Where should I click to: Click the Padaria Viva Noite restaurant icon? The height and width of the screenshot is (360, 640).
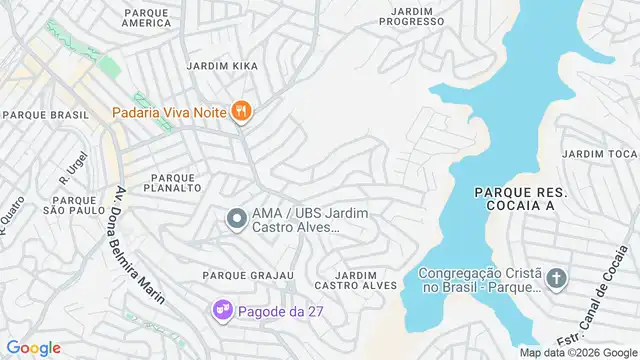[240, 112]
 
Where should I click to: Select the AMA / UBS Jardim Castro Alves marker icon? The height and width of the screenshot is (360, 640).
[237, 217]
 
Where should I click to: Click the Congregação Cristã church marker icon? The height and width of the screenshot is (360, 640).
[557, 279]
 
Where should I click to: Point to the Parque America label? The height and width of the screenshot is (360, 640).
[151, 17]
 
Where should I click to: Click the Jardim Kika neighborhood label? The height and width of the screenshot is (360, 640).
[222, 66]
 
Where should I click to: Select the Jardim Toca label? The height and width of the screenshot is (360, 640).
[599, 154]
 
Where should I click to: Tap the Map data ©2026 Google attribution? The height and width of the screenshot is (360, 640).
[577, 352]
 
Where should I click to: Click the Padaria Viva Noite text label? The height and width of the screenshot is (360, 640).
[169, 112]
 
